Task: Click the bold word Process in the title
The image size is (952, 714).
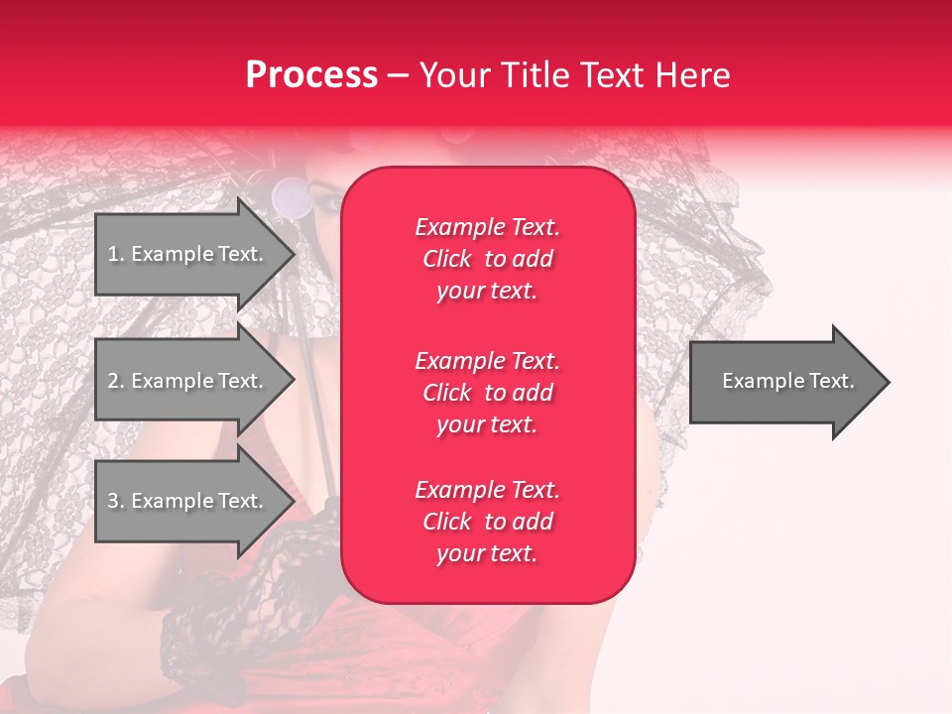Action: (x=311, y=74)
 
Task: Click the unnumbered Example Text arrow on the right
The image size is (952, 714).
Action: (x=783, y=382)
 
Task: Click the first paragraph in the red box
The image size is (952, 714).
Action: (x=487, y=259)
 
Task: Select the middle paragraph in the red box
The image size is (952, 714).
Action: (x=487, y=393)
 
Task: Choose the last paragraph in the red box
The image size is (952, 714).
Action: (x=487, y=522)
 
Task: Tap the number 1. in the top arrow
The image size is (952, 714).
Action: (x=115, y=254)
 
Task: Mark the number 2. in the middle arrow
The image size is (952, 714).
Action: (x=115, y=381)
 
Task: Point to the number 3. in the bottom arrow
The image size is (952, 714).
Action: (x=115, y=501)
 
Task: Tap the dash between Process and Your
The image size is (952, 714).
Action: (x=398, y=75)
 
